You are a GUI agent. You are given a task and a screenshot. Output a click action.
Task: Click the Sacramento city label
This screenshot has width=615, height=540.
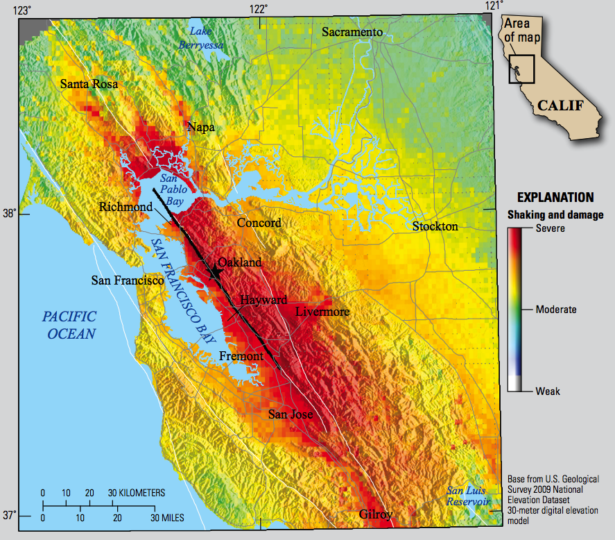[352, 33]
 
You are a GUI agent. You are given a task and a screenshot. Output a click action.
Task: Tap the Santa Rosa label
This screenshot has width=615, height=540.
[89, 84]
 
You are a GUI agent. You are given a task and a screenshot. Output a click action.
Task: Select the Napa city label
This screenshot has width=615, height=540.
[201, 127]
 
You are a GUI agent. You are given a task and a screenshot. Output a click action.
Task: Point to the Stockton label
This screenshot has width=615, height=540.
[435, 226]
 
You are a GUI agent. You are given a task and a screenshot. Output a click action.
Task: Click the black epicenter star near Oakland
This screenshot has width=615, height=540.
[215, 273]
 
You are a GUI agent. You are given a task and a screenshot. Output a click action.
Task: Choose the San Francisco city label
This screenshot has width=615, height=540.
[128, 280]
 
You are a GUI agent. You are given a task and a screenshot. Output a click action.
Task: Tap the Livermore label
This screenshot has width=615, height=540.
[322, 312]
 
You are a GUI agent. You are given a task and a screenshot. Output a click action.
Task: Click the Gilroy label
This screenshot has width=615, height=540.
[376, 514]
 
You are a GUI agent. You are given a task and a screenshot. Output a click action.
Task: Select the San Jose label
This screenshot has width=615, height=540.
[291, 414]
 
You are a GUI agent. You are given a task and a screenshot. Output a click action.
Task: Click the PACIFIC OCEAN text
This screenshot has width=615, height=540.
[69, 325]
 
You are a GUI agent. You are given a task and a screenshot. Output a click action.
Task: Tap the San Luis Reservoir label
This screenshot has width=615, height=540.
[468, 496]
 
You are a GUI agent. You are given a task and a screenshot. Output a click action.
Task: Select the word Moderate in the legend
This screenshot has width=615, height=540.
[556, 310]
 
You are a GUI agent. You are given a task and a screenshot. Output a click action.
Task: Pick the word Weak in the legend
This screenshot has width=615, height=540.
[548, 391]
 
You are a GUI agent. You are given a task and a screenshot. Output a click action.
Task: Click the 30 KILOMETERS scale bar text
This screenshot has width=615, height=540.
[137, 493]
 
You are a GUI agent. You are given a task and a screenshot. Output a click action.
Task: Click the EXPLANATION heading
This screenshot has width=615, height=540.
[555, 197]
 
